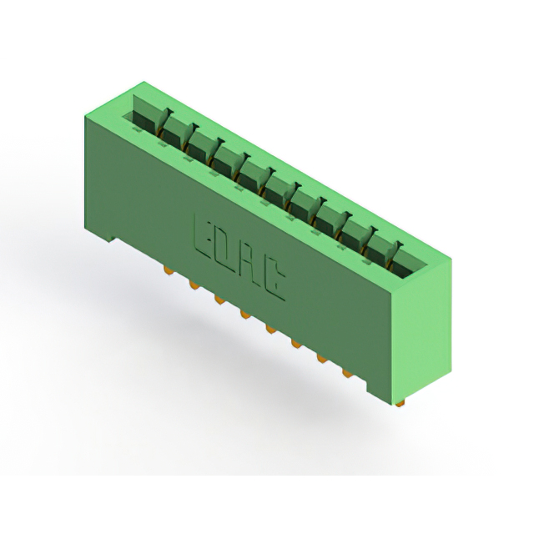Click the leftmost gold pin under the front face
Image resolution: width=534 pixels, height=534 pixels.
[167, 270]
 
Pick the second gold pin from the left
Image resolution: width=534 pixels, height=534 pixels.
[194, 285]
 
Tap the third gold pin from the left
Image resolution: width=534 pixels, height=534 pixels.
[219, 300]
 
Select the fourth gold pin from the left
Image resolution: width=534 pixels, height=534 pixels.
[245, 315]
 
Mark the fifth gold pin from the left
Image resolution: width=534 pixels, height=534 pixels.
[271, 330]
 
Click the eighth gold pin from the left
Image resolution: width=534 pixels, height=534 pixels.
[347, 374]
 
